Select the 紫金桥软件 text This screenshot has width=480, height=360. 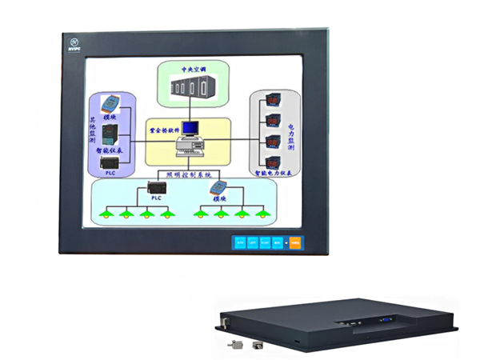coord(164,126)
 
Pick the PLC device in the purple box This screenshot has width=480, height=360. coord(109,165)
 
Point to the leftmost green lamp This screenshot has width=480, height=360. coord(104,214)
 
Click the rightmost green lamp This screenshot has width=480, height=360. coord(262,214)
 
